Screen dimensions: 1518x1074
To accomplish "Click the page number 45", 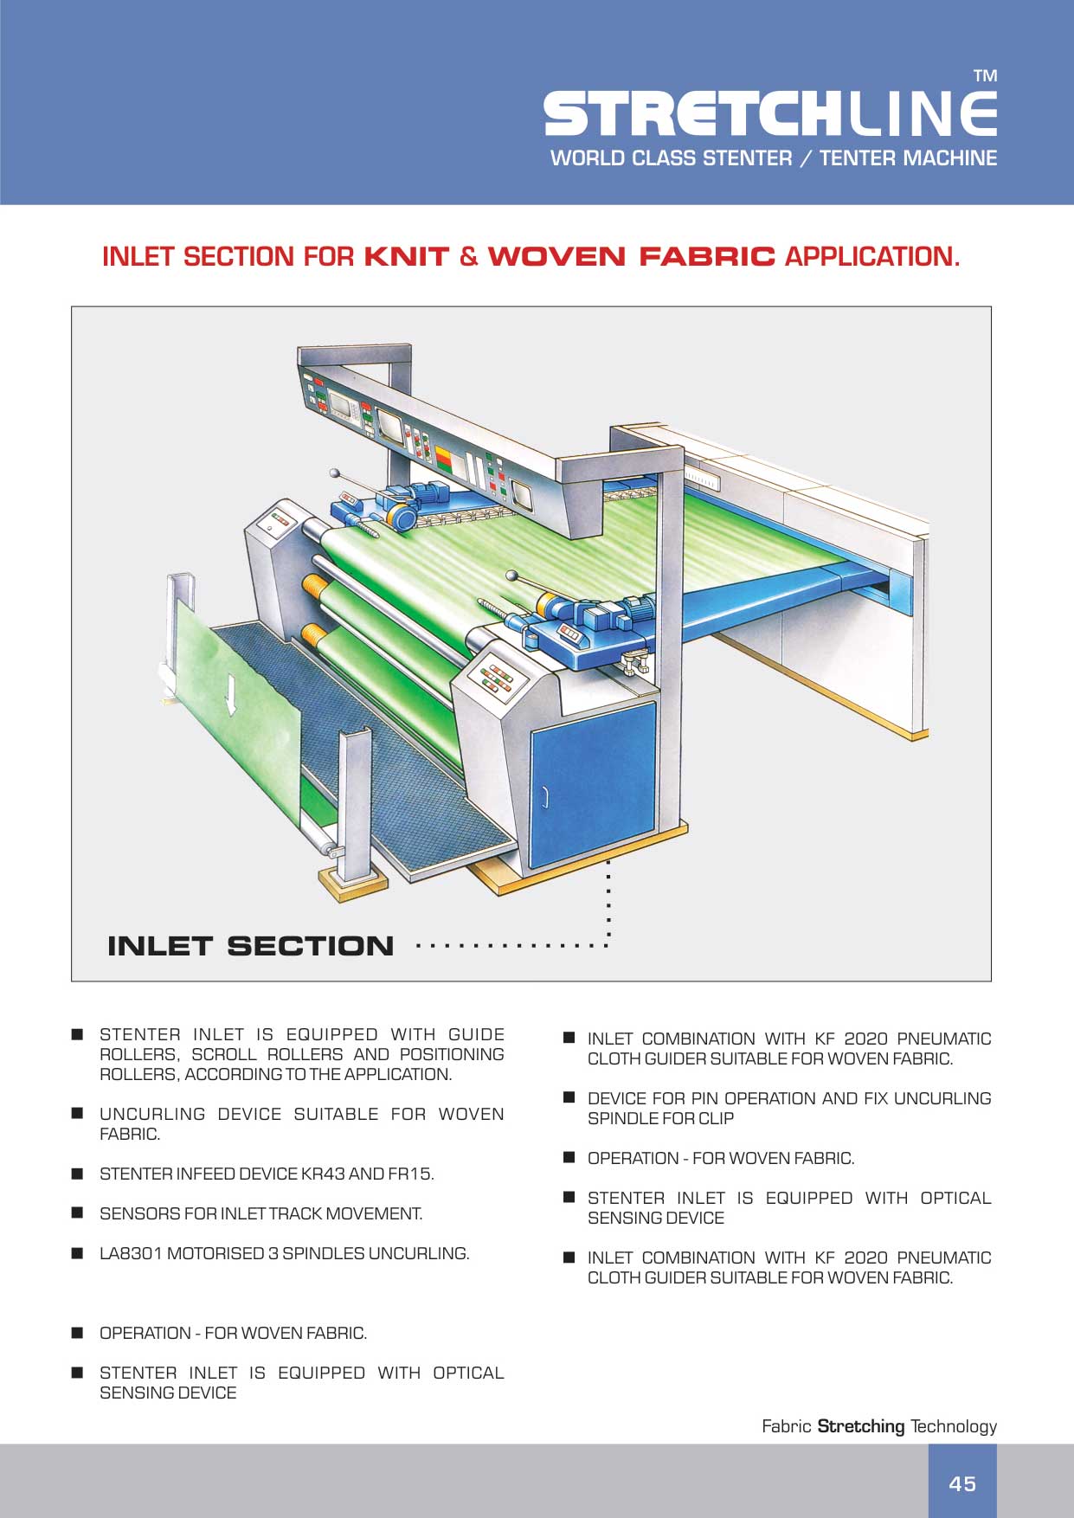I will point(961,1484).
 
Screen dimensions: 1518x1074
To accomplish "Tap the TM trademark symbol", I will point(985,76).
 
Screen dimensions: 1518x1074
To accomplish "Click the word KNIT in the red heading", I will point(406,257).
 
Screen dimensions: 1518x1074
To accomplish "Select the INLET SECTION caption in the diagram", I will point(250,946).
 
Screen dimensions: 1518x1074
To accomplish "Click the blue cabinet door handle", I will point(545,796).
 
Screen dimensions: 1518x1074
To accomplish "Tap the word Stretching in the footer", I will point(860,1426).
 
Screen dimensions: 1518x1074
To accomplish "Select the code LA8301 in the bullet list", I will point(130,1254).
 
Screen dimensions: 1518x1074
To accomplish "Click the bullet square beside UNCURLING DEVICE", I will point(78,1113).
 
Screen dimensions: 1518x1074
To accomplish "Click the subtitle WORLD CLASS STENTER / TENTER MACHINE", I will point(773,158).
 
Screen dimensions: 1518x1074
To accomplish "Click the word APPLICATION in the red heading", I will point(871,257).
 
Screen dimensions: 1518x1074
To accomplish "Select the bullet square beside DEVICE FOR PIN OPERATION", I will point(569,1097).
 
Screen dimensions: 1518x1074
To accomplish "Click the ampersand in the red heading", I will point(468,257).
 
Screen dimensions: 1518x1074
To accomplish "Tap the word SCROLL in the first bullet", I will point(223,1055).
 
